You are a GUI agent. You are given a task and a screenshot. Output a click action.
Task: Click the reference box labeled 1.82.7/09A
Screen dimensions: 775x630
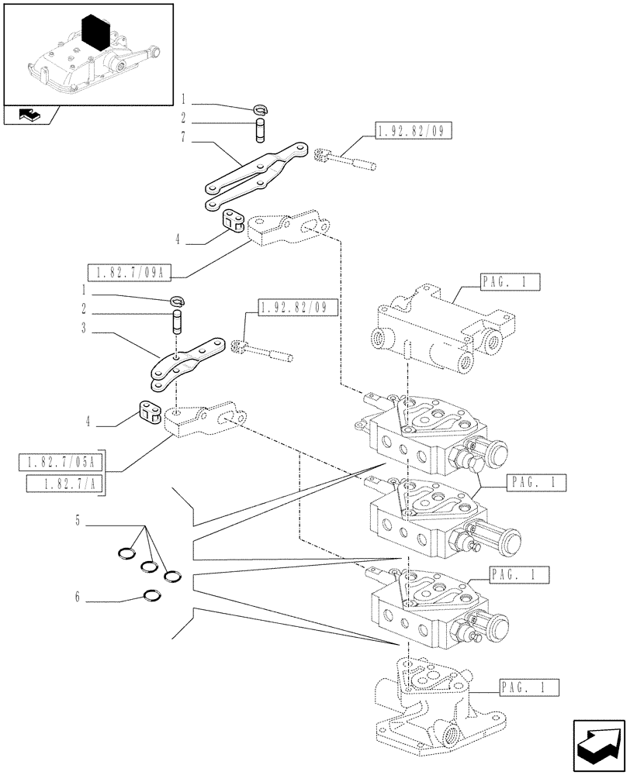coord(130,272)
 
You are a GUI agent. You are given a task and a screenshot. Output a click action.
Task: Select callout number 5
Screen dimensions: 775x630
coord(78,521)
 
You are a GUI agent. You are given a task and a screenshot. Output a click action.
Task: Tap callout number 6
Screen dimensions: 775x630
coord(78,598)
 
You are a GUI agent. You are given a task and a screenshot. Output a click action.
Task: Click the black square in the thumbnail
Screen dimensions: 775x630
coord(96,34)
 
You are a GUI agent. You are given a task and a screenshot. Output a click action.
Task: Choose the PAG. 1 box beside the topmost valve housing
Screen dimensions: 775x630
coord(510,282)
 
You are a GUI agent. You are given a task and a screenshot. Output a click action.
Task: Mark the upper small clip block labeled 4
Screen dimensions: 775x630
coord(232,220)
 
